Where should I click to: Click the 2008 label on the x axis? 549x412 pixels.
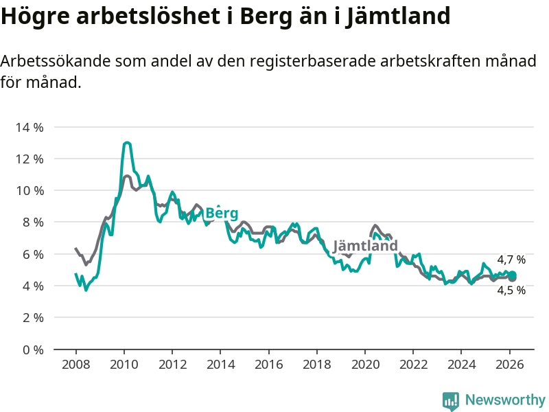tap(75, 365)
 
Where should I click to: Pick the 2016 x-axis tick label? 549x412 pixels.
tap(268, 365)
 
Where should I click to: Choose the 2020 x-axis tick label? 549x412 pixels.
tap(365, 365)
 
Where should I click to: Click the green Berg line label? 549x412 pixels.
tap(222, 213)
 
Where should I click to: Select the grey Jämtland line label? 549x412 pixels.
tap(365, 246)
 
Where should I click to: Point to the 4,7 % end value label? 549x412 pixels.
tap(511, 260)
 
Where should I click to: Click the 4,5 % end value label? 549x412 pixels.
tap(511, 290)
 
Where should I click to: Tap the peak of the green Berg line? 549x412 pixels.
tap(127, 143)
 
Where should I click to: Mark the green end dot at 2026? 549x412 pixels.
tap(512, 275)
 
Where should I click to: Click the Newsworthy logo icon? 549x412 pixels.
tap(451, 400)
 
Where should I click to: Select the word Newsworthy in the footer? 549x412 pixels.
tap(505, 400)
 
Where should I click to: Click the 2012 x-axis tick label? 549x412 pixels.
tap(172, 365)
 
